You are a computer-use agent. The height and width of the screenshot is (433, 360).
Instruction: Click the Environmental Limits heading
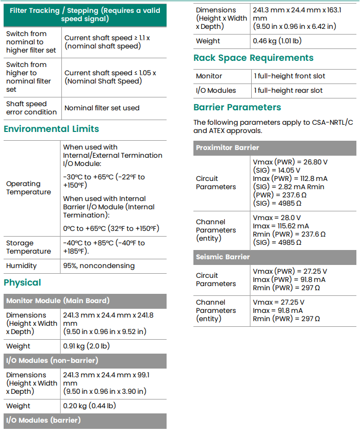(51, 129)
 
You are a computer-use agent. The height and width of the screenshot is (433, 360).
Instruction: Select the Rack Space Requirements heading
(253, 58)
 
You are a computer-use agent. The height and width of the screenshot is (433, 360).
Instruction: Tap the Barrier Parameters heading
(237, 107)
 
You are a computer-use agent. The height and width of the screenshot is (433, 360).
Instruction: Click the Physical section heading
(22, 282)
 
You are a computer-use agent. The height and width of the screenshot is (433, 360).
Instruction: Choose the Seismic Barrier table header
(223, 257)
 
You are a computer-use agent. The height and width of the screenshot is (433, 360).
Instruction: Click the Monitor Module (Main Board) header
(57, 301)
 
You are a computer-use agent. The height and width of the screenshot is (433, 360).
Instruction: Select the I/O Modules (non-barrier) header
(52, 360)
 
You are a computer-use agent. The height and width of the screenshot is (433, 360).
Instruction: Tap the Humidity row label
(21, 266)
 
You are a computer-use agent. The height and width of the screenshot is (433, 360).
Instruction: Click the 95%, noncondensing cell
(99, 266)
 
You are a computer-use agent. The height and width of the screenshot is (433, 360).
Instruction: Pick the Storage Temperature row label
(28, 247)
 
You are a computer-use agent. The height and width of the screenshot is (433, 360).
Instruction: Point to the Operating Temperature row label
(28, 188)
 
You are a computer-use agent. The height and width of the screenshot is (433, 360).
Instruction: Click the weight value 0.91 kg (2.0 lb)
(86, 346)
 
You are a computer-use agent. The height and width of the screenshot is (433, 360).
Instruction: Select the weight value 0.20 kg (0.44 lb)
(89, 406)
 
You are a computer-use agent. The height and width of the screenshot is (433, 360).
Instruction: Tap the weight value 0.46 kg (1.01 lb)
(277, 41)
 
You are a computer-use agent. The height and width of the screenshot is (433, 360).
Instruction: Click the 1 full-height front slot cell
(289, 76)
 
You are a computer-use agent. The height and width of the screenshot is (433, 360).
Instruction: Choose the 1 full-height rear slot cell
(288, 90)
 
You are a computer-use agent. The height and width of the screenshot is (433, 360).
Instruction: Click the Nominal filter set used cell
(102, 108)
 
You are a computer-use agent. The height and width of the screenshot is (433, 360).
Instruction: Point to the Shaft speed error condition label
(31, 108)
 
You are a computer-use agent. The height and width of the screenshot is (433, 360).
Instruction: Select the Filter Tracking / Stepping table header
(85, 14)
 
